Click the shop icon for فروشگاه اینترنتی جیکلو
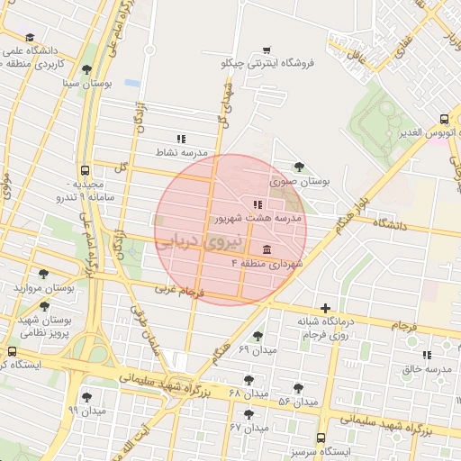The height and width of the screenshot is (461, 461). pos(266,50)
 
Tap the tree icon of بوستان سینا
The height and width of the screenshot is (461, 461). pos(86,69)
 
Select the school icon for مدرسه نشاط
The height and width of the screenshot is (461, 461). pos(181,139)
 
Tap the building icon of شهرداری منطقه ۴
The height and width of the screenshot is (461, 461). pos(267,249)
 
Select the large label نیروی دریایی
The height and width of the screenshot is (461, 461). pos(199,242)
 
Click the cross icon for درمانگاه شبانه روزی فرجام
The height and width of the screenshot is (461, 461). pos(325,308)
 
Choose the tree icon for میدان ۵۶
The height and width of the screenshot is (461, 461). pos(298,388)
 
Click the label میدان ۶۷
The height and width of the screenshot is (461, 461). pos(249,428)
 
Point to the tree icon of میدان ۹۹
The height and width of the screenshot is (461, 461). pos(86,397)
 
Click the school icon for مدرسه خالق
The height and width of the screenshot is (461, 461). pos(426,355)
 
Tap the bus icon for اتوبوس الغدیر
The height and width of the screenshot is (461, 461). pos(444,120)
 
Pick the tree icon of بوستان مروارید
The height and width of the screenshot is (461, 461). pos(43,275)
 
